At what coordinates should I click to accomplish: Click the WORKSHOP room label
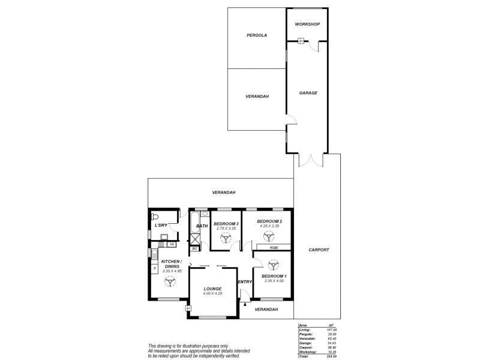click(x=307, y=24)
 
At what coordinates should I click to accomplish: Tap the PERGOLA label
click(x=256, y=35)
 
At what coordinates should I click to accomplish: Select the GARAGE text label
click(x=308, y=93)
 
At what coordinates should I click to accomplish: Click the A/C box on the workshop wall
click(x=302, y=41)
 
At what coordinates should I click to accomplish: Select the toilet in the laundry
click(x=154, y=216)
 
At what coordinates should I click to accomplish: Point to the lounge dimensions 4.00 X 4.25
click(x=212, y=293)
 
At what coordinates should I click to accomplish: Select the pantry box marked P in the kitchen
click(x=154, y=268)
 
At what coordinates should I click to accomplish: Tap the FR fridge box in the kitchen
click(x=172, y=244)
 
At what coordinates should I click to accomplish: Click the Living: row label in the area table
click(x=305, y=330)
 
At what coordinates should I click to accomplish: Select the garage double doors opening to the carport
click(x=310, y=160)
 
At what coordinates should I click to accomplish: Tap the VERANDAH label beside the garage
click(x=256, y=97)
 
